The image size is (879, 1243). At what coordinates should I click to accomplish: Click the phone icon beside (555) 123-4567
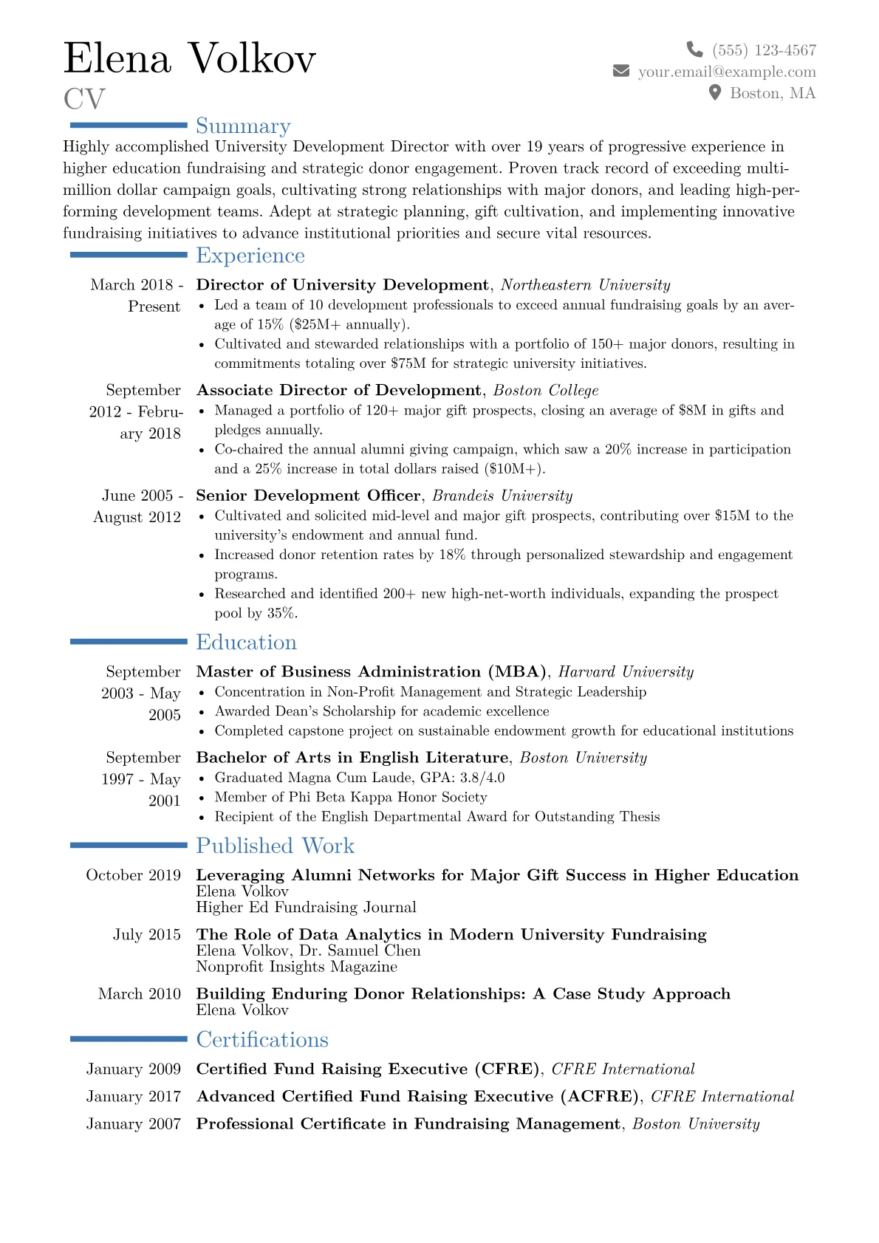pos(694,49)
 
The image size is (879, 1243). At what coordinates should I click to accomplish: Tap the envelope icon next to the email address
pos(621,71)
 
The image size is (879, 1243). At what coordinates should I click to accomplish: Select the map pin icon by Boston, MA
pos(714,92)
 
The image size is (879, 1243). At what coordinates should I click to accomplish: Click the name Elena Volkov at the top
pos(190,58)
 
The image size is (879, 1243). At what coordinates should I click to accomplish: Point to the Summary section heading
pos(243,126)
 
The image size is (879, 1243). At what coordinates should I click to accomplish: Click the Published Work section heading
pos(275,846)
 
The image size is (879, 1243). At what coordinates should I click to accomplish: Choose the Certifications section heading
pos(262,1040)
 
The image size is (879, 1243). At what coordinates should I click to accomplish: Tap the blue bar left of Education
pos(129,642)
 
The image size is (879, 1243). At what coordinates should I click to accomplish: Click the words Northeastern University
pos(585,285)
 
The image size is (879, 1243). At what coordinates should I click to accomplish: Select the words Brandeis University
pos(502,496)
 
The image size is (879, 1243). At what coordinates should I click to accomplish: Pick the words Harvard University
pos(626,672)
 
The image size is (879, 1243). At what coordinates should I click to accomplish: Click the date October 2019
pos(133,875)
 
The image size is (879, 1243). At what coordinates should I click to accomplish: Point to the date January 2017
pos(133,1097)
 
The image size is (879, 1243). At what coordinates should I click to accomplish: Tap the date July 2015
pos(146,935)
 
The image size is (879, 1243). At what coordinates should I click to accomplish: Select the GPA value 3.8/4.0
pos(482,778)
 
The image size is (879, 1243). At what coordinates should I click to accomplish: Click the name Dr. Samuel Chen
pos(360,951)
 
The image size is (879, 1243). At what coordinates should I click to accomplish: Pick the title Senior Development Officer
pos(308,496)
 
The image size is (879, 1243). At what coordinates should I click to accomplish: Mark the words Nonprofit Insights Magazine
pos(296,967)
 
